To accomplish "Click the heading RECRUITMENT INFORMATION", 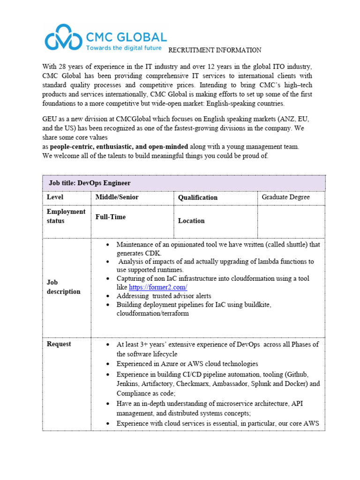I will tap(215, 50).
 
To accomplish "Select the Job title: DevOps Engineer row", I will tap(184, 183).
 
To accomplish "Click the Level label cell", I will tap(55, 197).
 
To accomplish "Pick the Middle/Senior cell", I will tap(117, 197).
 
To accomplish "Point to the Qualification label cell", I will tap(198, 198).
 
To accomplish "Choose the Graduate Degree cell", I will tap(285, 197).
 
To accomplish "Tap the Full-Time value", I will tap(111, 217).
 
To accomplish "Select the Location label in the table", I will tap(191, 221).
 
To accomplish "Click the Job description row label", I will tap(63, 287).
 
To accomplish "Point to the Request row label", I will tap(59, 344).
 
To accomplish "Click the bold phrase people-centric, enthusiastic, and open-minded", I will tap(119, 147).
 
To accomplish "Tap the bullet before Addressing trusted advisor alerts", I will tap(108, 296).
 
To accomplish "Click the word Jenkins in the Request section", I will tap(128, 383).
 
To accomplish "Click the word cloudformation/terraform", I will tap(153, 313).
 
